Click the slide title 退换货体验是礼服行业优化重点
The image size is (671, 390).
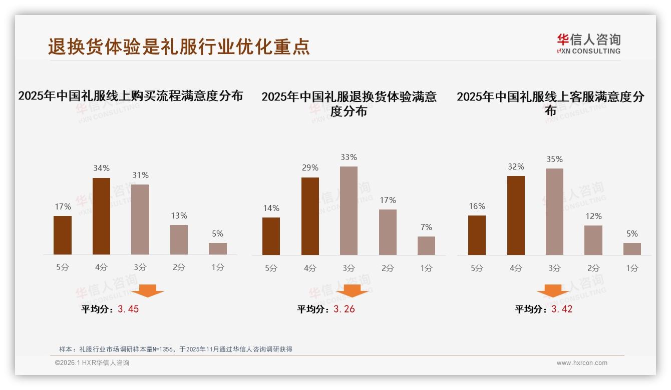[179, 46]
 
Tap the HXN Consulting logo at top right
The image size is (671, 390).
[588, 44]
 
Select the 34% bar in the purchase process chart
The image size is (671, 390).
[102, 216]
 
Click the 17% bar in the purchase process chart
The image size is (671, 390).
[63, 235]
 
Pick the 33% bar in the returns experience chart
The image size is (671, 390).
[349, 210]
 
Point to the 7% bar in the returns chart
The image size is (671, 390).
[426, 245]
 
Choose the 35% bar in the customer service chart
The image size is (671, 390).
[554, 211]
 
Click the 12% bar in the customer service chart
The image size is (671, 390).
[593, 240]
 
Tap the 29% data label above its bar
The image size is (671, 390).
[310, 168]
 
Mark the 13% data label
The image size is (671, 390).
[179, 216]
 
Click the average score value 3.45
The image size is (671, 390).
[128, 309]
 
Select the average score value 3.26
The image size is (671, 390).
[344, 309]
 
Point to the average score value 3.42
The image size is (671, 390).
[562, 309]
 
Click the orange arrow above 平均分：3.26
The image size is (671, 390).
[352, 291]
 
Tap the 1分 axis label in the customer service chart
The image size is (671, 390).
[632, 268]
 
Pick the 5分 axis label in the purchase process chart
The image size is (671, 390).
[63, 267]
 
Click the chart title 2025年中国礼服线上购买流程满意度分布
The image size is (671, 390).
[131, 95]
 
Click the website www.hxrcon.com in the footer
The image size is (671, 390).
[582, 363]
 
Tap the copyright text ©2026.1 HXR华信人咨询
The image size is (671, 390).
[92, 363]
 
